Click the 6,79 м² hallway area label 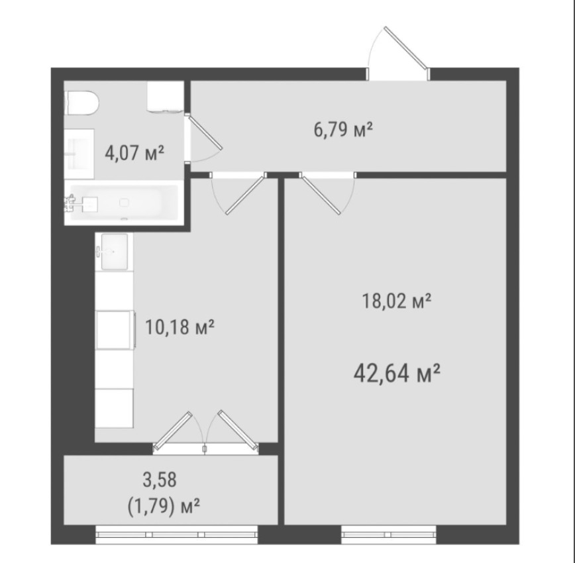tap(343, 129)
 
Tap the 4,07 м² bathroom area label tap(134, 152)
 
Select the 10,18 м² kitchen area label tap(180, 327)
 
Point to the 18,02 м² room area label tap(396, 301)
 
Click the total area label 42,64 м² tap(397, 373)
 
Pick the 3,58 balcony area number tap(160, 480)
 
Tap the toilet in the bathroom tap(81, 103)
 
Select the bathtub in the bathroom tap(124, 203)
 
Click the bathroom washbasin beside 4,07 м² tap(79, 154)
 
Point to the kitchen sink tap(114, 252)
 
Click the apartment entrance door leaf tap(406, 48)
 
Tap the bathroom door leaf tap(205, 131)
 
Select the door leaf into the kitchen tap(246, 195)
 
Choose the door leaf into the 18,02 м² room tap(321, 194)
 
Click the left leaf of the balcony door tap(172, 431)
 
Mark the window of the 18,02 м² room tap(389, 535)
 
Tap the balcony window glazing tap(176, 535)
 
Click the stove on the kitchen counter tap(115, 330)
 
